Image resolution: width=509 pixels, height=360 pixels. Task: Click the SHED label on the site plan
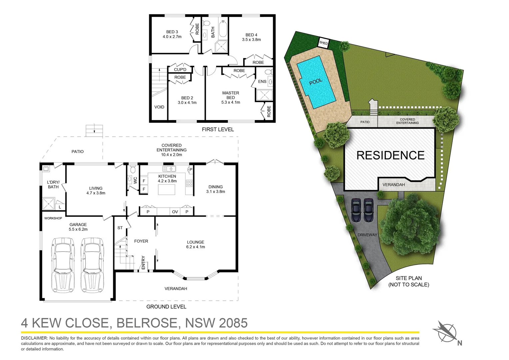pyautogui.click(x=323, y=43)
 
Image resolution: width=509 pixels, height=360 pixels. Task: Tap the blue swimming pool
pyautogui.click(x=316, y=82)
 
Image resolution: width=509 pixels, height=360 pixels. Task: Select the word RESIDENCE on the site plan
pyautogui.click(x=390, y=155)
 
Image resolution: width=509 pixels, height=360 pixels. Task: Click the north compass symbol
pyautogui.click(x=447, y=333)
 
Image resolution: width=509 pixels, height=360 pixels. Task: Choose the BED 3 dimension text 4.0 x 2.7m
pyautogui.click(x=172, y=37)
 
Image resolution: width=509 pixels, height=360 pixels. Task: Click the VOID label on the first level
pyautogui.click(x=159, y=107)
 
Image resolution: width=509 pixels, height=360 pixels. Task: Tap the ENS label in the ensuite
pyautogui.click(x=262, y=81)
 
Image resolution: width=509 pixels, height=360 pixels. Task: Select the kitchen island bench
pyautogui.click(x=167, y=190)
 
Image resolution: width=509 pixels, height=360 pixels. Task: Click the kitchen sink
pyautogui.click(x=169, y=169)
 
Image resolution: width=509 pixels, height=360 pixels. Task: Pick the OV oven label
pyautogui.click(x=175, y=212)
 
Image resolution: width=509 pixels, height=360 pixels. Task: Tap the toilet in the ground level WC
pyautogui.click(x=133, y=169)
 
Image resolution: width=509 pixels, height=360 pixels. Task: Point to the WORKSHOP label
pyautogui.click(x=53, y=218)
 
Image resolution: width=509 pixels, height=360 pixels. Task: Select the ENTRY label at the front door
pyautogui.click(x=143, y=263)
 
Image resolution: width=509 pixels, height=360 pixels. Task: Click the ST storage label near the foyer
pyautogui.click(x=120, y=228)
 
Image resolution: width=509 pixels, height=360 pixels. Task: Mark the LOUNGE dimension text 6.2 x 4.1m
pyautogui.click(x=196, y=247)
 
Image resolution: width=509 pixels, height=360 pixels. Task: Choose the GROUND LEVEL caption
pyautogui.click(x=166, y=307)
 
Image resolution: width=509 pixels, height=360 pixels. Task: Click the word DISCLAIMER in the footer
pyautogui.click(x=34, y=338)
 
